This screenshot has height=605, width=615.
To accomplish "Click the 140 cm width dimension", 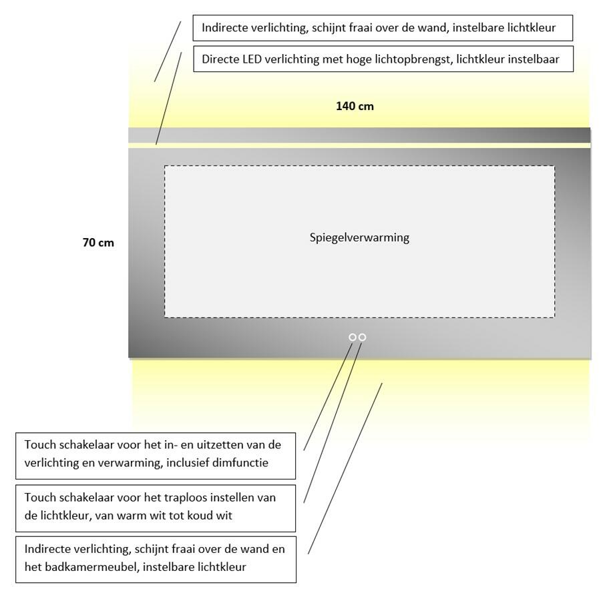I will pos(355,106).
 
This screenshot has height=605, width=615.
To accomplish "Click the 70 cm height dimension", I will pos(98,243).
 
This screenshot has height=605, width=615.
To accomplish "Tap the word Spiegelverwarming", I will pos(359,237).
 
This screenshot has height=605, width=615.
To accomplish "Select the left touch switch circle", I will pos(353,338).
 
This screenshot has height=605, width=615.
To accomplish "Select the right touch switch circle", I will pos(363,338).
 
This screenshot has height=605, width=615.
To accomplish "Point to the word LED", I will pos(253,60).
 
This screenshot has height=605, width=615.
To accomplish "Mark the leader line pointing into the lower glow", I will pos(345,467).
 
